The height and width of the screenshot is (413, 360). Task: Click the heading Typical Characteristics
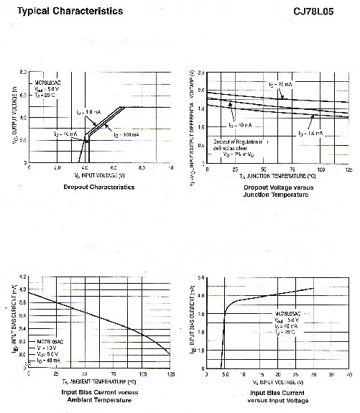click(70, 11)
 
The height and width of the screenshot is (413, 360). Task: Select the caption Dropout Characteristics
click(98, 187)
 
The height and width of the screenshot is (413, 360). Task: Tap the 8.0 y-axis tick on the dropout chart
click(23, 73)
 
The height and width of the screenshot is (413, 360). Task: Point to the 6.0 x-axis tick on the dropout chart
click(114, 167)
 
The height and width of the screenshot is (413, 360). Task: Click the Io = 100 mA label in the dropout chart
click(126, 135)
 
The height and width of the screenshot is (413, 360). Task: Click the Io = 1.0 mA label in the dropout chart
click(89, 112)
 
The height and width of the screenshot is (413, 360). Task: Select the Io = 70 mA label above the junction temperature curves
click(280, 85)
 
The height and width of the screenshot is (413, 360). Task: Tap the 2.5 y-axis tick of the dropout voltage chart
click(202, 73)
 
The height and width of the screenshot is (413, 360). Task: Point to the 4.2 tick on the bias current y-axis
click(22, 277)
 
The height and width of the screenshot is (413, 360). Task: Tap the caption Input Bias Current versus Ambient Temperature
click(98, 396)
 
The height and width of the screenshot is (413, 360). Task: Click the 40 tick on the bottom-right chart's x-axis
click(349, 374)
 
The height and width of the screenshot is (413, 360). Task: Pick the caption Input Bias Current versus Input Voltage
click(278, 396)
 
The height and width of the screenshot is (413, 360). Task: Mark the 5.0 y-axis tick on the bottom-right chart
click(203, 277)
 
